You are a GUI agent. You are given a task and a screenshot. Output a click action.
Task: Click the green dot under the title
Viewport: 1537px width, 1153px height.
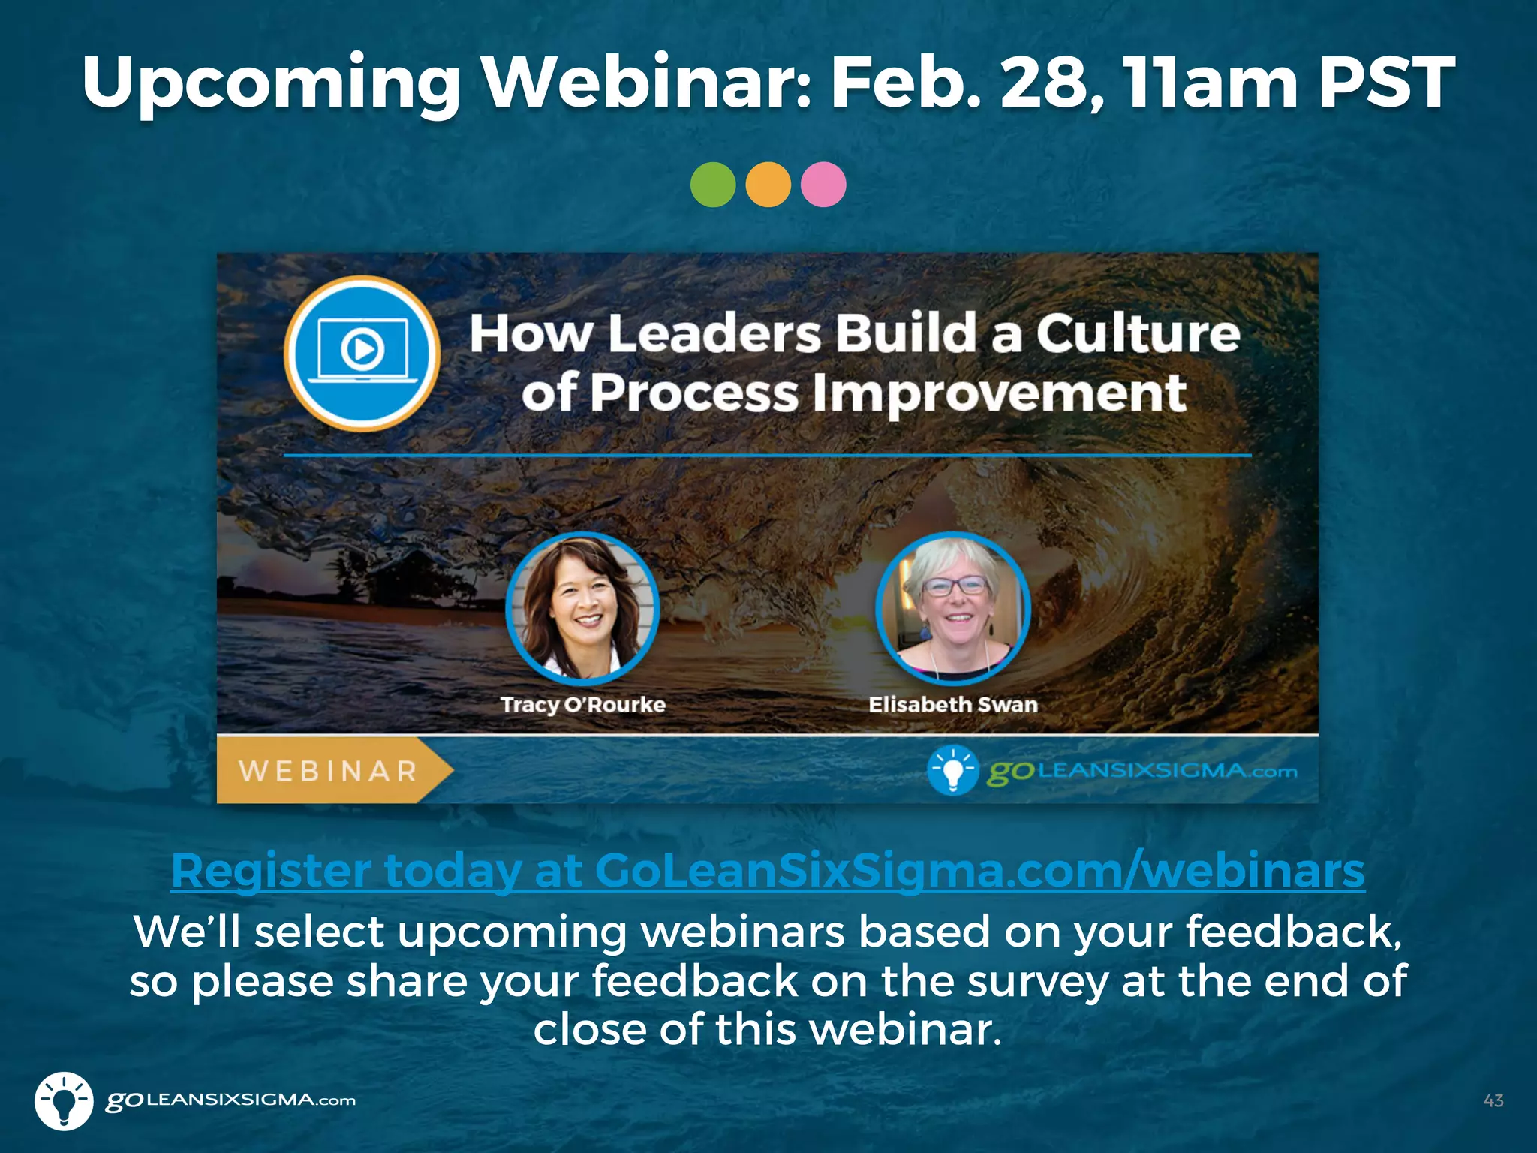(x=712, y=185)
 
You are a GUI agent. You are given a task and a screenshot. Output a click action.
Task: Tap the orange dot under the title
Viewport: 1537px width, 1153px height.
(x=768, y=185)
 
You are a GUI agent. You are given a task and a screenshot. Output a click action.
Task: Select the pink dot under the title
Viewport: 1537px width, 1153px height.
(x=823, y=185)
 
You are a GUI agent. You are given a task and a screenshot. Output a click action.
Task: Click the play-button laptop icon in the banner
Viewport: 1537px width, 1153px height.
(x=362, y=353)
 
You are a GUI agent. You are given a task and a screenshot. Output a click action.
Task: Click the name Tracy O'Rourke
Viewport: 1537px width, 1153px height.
(x=583, y=705)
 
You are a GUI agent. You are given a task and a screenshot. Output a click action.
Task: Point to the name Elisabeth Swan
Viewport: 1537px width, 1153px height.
(x=953, y=705)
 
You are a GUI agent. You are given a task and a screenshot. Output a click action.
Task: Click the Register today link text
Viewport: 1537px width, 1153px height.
(x=767, y=871)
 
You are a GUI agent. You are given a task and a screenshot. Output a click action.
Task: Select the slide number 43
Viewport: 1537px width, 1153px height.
(x=1493, y=1100)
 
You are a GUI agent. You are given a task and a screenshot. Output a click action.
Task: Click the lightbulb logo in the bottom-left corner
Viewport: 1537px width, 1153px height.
(x=64, y=1100)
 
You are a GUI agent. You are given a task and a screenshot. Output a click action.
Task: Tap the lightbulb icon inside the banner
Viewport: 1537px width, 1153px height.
(x=952, y=770)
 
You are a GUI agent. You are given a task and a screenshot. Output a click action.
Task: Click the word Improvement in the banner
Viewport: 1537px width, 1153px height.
(x=1000, y=394)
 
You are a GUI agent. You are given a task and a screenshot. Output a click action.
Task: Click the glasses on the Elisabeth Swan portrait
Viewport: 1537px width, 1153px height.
(x=955, y=586)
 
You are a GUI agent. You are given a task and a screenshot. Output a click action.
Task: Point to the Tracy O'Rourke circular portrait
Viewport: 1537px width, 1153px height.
(x=582, y=608)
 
